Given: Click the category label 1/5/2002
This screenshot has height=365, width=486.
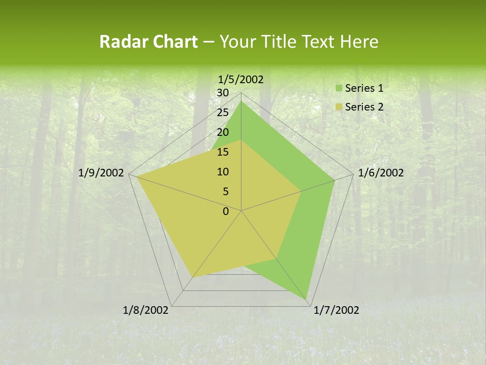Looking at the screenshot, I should pos(240,79).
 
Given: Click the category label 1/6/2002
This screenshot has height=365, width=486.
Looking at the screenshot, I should pos(381,173).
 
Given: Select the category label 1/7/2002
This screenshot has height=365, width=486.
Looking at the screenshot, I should pos(336,310).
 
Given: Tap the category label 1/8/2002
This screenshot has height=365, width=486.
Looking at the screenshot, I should pos(146,310).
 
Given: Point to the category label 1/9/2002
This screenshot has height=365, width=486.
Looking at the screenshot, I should pos(101,173).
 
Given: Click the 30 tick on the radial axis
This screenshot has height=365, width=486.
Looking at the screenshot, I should pos(223,93).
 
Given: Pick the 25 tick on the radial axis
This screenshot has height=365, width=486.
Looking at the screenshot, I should pos(223,113).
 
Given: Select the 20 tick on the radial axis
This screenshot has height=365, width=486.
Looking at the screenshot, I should pos(223,132).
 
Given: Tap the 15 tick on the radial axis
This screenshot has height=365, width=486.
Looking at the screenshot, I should pos(223,152).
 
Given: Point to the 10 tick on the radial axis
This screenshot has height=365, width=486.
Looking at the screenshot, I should pos(223,172).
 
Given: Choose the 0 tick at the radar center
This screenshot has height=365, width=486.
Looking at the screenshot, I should pos(226,211).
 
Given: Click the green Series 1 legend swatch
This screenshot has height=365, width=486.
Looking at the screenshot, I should pos(338,89).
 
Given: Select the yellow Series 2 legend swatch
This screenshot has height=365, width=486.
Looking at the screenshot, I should pos(338,107).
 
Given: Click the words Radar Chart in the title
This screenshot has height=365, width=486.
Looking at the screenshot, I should pos(148,42).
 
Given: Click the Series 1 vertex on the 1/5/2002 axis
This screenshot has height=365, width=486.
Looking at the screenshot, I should pos(241,101).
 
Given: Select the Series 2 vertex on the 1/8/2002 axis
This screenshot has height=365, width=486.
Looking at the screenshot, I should pos(192,277).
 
